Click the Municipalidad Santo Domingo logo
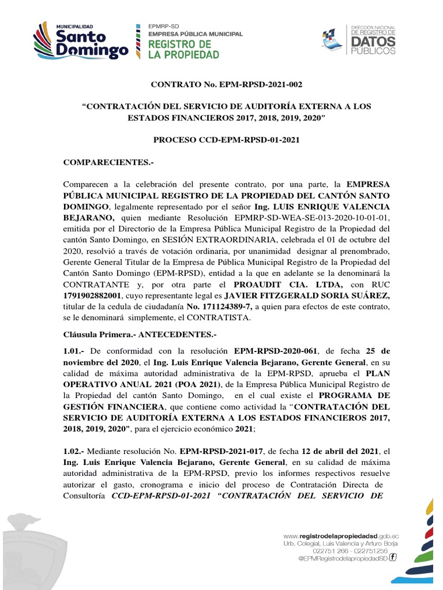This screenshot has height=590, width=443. pyautogui.click(x=81, y=40)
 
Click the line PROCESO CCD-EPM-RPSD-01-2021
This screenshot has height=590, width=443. pyautogui.click(x=226, y=140)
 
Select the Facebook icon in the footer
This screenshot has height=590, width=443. pyautogui.click(x=392, y=557)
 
